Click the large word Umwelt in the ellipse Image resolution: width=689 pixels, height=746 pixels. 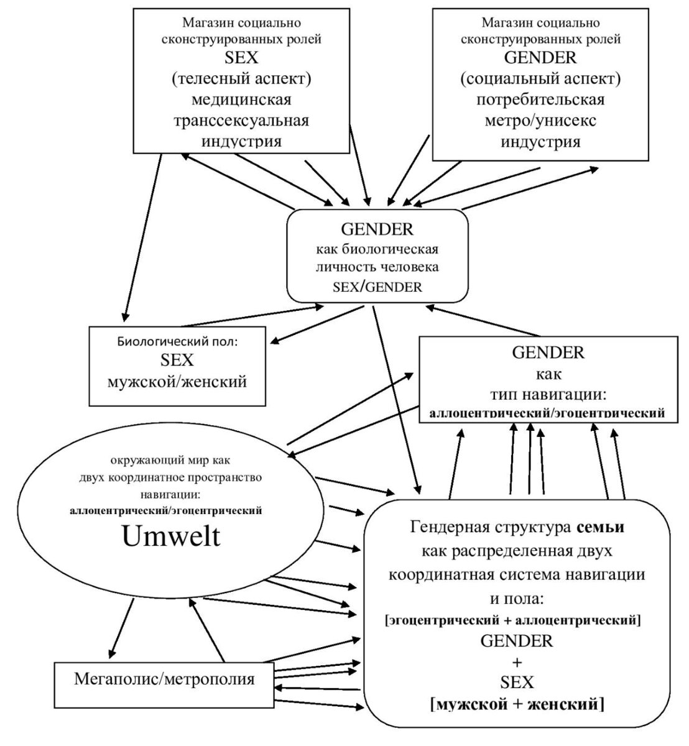click(172, 536)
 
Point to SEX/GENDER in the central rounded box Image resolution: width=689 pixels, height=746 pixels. click(377, 287)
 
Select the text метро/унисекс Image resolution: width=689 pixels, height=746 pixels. click(541, 120)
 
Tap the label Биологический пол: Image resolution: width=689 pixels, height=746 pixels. click(177, 341)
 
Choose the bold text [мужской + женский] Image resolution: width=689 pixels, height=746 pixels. click(517, 704)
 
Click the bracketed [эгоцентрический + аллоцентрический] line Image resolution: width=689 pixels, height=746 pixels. click(514, 620)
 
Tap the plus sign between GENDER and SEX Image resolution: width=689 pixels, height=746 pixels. click(517, 661)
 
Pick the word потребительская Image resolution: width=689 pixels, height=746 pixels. click(540, 99)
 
